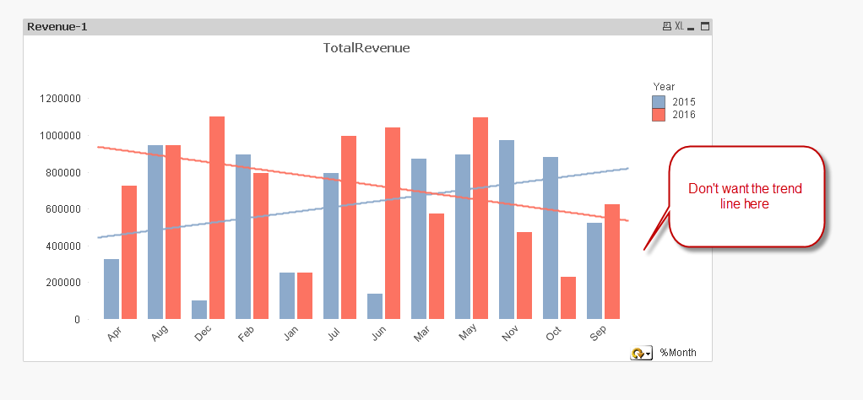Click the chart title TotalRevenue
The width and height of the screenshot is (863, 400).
point(366,48)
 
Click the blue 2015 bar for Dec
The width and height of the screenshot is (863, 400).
point(199,310)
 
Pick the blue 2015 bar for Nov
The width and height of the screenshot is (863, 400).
point(507,230)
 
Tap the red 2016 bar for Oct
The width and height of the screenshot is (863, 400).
point(567,298)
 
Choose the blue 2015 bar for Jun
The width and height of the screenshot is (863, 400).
point(375,306)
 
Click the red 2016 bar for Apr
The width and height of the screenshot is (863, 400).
point(129,252)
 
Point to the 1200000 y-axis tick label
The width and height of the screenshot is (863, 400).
point(59,99)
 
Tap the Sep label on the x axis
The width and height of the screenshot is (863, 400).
point(598,334)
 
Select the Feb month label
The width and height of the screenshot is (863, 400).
point(246,334)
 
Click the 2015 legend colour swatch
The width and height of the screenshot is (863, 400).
point(659,101)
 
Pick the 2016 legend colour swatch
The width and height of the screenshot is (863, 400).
point(659,114)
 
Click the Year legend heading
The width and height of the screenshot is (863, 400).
point(664,86)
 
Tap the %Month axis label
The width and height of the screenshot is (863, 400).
point(678,353)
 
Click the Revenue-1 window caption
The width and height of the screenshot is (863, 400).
point(57,26)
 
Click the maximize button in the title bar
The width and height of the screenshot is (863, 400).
point(705,26)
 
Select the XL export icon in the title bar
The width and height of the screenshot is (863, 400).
point(678,26)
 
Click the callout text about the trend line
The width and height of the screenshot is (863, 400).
point(745,196)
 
